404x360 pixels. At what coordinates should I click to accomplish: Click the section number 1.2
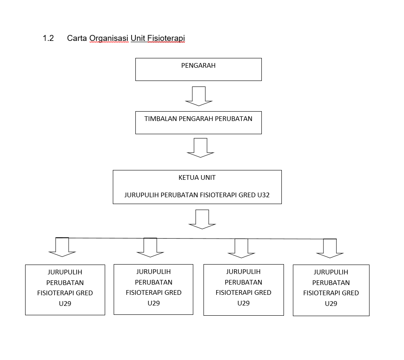pos(48,38)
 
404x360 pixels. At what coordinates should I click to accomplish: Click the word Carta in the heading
pos(77,38)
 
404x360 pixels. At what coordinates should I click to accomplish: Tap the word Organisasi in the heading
pos(109,38)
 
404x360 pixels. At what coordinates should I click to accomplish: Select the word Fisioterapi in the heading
pos(166,38)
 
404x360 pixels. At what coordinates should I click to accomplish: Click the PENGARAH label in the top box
pos(198,66)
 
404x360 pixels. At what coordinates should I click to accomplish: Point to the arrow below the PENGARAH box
pos(199,96)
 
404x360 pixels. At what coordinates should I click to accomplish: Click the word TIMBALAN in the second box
pos(160,119)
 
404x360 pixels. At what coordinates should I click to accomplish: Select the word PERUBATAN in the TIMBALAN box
pos(233,119)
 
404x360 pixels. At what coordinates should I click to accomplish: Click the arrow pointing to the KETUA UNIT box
pos(201,148)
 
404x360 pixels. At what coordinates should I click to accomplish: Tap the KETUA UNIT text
pos(197,178)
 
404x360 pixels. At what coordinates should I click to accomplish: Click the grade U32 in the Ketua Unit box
pos(264,195)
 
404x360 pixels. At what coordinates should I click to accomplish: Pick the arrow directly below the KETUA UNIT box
pos(202,219)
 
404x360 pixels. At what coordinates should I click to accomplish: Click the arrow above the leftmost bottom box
pos(62,247)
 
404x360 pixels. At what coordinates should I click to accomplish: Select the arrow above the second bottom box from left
pos(150,248)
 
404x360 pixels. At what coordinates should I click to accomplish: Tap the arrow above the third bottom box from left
pos(241,248)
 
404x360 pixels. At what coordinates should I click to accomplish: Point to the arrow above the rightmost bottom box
pos(330,248)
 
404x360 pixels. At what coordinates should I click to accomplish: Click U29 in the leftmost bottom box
pos(65,303)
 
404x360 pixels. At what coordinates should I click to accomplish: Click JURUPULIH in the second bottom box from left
pos(154,272)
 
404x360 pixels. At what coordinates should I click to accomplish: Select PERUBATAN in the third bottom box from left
pos(244,282)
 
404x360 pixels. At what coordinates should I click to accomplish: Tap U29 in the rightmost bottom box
pos(331,303)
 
